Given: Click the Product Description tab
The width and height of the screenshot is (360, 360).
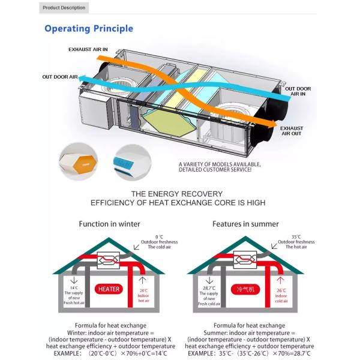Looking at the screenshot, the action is tap(64, 8).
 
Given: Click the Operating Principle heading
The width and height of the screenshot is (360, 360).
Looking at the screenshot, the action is tap(89, 28).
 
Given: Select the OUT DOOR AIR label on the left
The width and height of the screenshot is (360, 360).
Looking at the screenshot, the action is tap(59, 77).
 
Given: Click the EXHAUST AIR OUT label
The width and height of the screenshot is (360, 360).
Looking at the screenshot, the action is tap(292, 130).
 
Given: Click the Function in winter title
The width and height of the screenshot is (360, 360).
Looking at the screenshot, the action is tap(109, 224).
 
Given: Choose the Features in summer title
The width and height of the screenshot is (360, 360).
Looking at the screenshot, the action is tap(245, 224).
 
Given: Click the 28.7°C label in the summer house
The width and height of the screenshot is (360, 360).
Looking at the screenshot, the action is tap(209, 288).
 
